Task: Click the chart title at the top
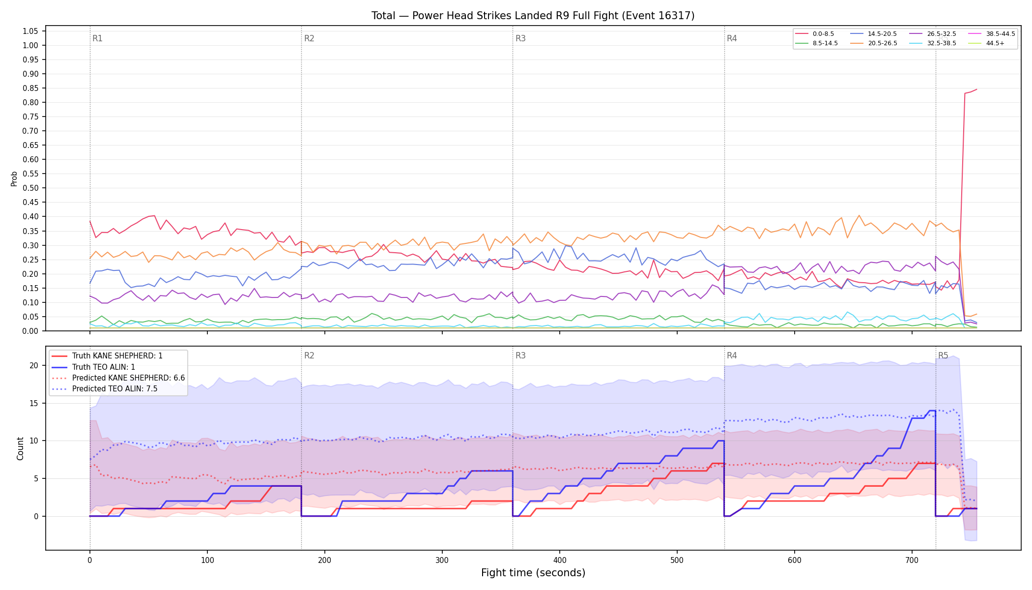(533, 16)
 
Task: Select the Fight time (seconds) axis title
(533, 573)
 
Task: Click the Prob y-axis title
(14, 178)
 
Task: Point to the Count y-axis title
(20, 448)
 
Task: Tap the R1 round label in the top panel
(97, 38)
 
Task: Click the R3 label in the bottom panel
(520, 355)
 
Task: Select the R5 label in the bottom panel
(943, 355)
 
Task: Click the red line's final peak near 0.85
(976, 89)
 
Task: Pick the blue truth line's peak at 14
(932, 411)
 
